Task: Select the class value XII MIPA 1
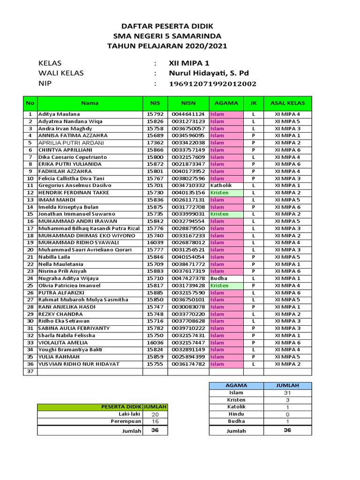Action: pos(190,63)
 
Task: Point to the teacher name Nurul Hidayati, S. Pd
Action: pos(209,73)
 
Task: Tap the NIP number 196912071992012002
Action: pos(212,84)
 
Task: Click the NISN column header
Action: pos(188,103)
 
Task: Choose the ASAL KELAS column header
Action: pos(287,103)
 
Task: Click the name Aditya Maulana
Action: pos(59,114)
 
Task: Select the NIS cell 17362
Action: pos(155,142)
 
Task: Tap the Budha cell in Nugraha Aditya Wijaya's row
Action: pos(219,278)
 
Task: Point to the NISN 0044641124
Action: pos(188,114)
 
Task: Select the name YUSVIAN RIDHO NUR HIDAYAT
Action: pos(79,364)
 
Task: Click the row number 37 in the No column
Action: pos(30,372)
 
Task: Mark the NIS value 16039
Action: pos(155,243)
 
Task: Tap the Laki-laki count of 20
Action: pos(155,415)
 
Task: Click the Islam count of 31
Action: pos(287,393)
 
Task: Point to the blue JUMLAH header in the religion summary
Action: pos(287,385)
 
